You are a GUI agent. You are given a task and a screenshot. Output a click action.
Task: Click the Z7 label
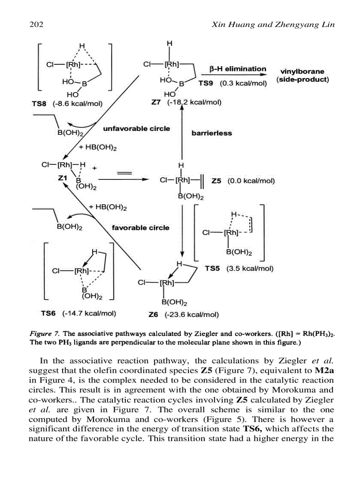tap(157, 103)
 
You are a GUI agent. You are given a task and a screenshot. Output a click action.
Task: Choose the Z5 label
tap(217, 181)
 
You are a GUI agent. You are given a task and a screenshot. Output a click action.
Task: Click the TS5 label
tap(212, 268)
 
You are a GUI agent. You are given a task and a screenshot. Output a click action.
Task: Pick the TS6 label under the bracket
tap(48, 313)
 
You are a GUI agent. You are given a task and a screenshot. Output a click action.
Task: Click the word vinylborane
tap(302, 71)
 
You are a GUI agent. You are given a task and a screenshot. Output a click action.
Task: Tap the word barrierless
tap(212, 133)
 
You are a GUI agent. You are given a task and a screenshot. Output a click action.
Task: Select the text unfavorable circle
tap(136, 129)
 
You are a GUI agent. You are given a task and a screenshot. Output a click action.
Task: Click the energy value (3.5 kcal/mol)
tap(250, 268)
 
